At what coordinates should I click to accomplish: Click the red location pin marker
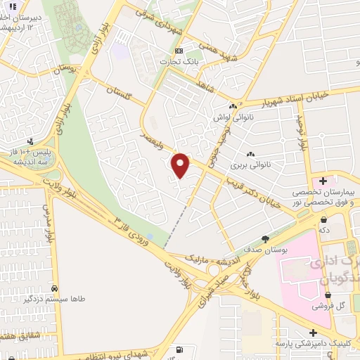(181, 165)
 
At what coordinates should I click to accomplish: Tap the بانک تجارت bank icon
(179, 51)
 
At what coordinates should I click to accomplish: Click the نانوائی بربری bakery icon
(250, 154)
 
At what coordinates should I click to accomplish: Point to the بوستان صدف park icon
(265, 238)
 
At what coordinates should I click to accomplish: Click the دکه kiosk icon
(323, 219)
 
